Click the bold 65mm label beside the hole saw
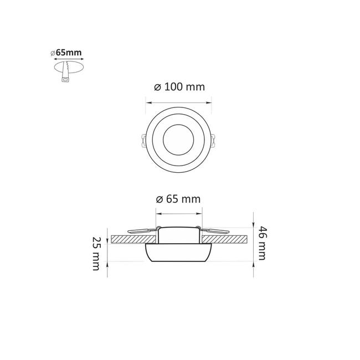tap(69, 53)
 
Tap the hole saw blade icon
tap(66, 71)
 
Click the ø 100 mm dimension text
tap(179, 87)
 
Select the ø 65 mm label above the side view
tap(178, 199)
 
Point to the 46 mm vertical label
tap(262, 243)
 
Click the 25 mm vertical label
tap(96, 254)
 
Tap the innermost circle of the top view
tap(178, 140)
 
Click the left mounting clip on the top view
tap(143, 141)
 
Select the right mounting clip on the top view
tap(213, 141)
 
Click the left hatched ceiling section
tap(133, 239)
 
